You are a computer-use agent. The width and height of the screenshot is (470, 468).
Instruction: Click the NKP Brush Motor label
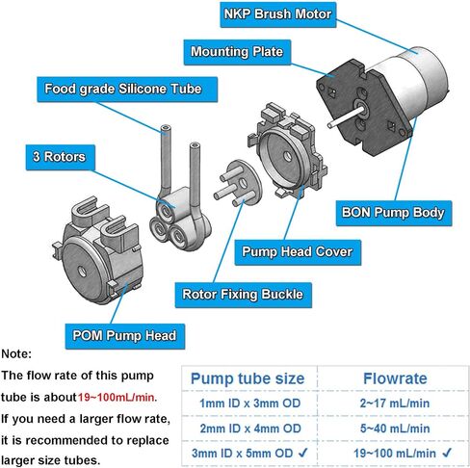click(278, 14)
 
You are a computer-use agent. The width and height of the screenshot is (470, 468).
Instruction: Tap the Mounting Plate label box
click(237, 52)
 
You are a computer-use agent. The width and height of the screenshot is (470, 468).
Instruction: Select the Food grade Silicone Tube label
click(127, 90)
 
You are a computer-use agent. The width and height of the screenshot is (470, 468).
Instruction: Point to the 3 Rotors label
click(61, 157)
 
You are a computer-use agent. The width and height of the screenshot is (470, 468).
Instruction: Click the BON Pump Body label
click(394, 213)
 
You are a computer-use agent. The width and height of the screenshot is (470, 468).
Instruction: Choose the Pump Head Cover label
click(298, 252)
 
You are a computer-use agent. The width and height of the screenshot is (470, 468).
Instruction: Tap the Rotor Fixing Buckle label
click(243, 295)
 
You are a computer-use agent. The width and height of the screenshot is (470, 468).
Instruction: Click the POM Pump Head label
click(125, 336)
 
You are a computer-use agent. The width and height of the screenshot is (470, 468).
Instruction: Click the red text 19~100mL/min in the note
click(116, 398)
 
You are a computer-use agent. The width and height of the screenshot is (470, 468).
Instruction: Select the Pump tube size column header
click(248, 378)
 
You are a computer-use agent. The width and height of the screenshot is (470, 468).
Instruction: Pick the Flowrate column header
click(395, 378)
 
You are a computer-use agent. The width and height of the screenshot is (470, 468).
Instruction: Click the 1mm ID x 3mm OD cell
click(250, 403)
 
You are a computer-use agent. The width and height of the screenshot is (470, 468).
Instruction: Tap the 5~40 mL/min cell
click(395, 429)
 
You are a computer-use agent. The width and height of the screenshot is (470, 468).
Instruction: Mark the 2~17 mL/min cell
click(395, 403)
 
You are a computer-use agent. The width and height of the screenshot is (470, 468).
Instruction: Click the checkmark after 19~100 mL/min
click(447, 453)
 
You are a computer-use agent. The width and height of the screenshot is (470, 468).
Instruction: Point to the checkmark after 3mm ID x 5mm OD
click(302, 453)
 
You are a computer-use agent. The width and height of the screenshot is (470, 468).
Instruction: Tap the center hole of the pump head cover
click(288, 156)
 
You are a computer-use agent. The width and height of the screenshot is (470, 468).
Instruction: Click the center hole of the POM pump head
click(82, 272)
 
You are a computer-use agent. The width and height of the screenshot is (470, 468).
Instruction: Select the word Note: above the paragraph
click(16, 354)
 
